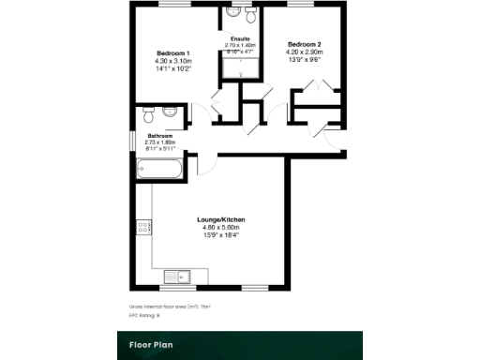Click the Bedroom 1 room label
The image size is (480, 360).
173,52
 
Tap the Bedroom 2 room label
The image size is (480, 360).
305,44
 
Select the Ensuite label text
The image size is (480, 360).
240,37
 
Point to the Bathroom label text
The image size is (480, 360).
159,135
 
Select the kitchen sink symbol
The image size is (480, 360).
176,275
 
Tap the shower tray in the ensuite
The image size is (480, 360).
242,67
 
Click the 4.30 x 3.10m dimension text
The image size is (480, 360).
173,61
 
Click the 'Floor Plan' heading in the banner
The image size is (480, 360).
150,344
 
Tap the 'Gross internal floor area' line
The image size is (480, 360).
170,307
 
